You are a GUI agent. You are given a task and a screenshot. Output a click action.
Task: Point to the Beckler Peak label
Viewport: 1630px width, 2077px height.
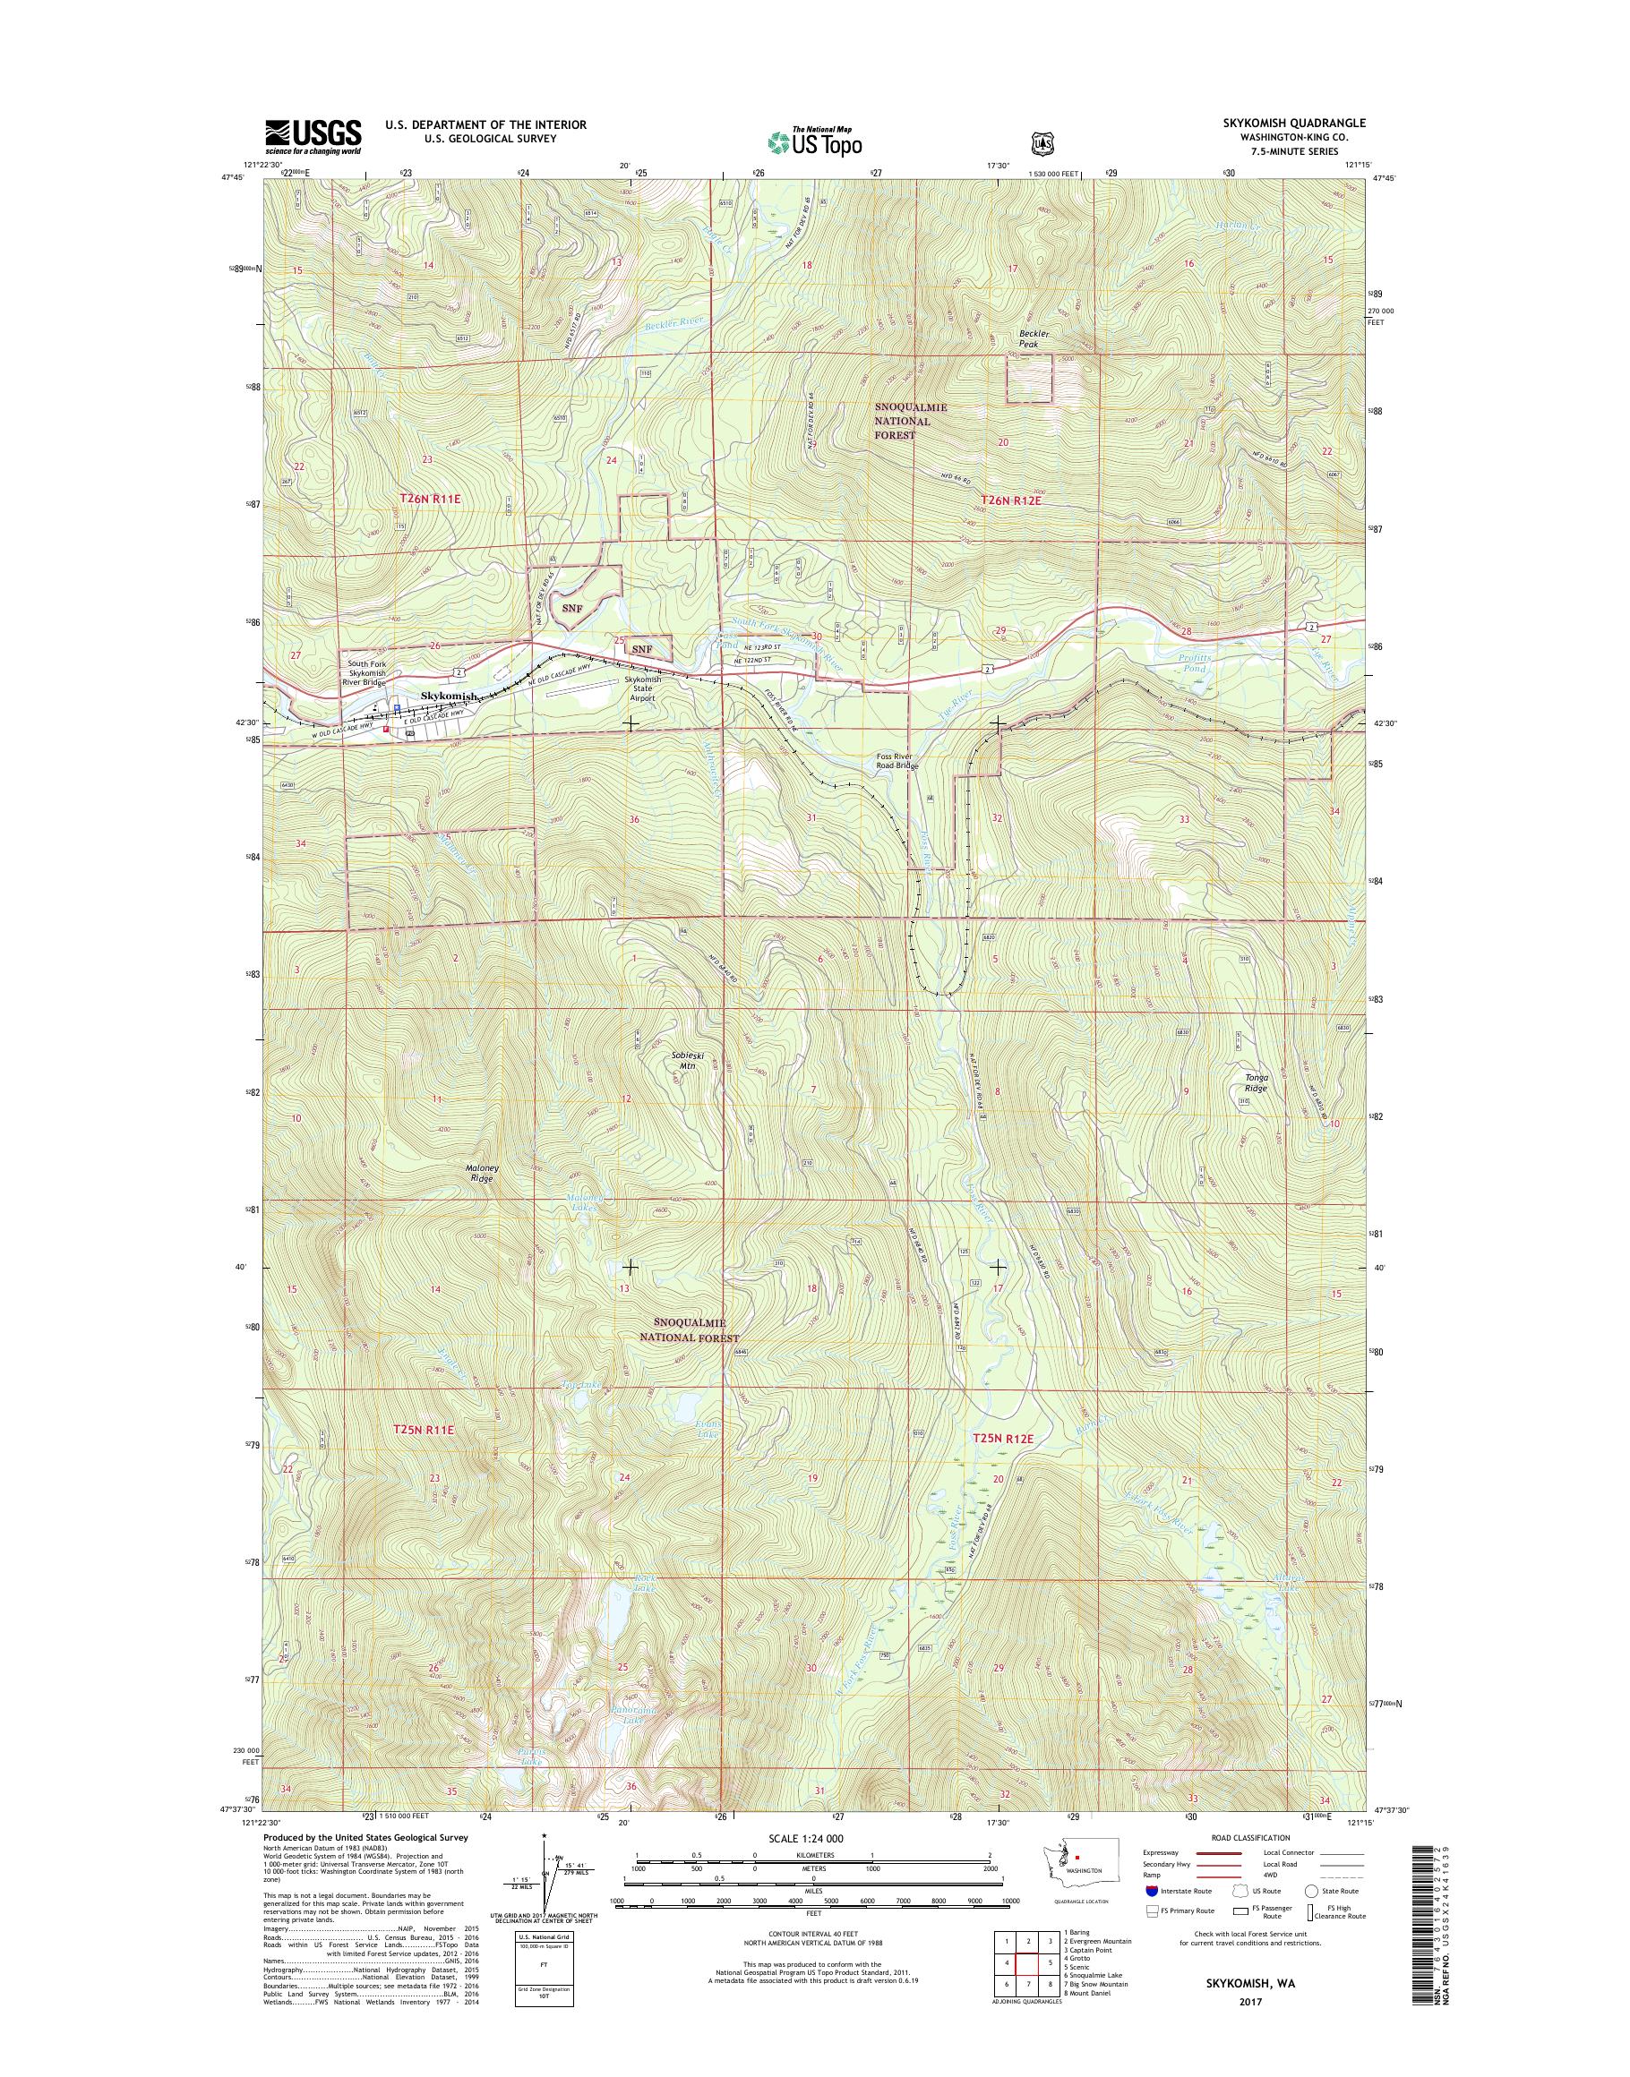(1034, 338)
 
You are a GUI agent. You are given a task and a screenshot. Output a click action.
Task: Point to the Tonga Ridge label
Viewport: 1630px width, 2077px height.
(1256, 1084)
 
